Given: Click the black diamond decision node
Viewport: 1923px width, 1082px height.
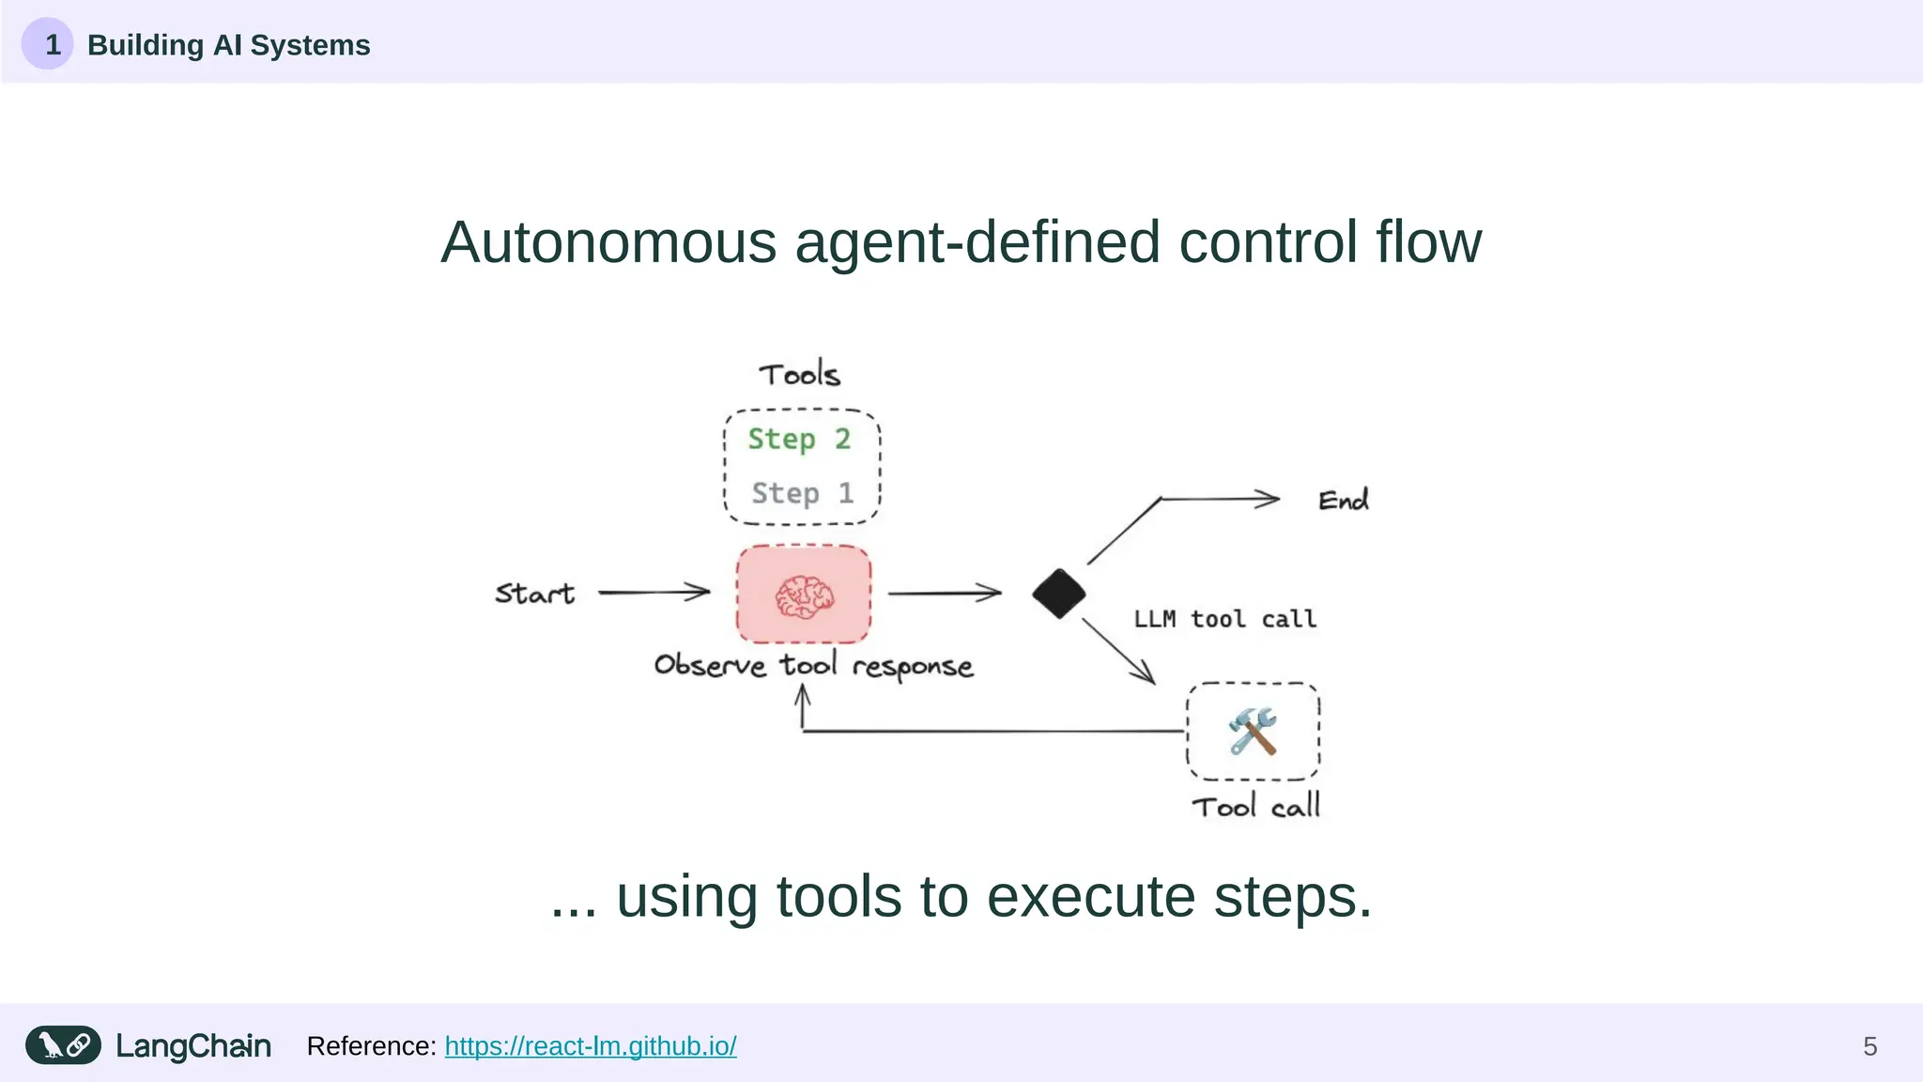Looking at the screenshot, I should [1058, 594].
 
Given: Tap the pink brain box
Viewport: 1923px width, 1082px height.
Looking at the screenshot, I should [804, 595].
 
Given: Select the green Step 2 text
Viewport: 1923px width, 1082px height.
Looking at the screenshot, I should [799, 440].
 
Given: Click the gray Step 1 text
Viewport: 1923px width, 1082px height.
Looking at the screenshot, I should [802, 493].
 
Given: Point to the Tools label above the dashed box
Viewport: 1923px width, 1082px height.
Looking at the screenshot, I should [799, 375].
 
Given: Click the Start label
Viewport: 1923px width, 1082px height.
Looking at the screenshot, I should [534, 594].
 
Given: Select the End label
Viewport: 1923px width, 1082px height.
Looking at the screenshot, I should [1343, 501].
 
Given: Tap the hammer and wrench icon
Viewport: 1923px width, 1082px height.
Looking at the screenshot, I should [1253, 731].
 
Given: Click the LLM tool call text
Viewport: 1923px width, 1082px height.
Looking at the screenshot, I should [1224, 619].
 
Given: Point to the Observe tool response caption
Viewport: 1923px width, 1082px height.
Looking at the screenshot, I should [813, 666].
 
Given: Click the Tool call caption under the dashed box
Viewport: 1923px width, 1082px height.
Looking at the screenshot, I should [1255, 807].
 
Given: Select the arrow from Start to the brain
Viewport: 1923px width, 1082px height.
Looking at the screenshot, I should [654, 593].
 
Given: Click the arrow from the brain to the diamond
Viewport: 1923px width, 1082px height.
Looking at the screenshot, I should [945, 594].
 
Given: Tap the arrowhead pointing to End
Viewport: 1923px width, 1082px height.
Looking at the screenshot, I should [1269, 499].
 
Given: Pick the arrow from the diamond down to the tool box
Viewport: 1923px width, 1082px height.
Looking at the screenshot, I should [1118, 651].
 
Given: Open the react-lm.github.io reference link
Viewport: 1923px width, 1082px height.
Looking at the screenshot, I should [590, 1046].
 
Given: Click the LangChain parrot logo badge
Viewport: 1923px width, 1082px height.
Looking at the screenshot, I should [63, 1045].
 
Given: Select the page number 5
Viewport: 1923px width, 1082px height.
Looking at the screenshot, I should [1869, 1046].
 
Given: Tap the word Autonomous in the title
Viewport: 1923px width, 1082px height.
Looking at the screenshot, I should [608, 242].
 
